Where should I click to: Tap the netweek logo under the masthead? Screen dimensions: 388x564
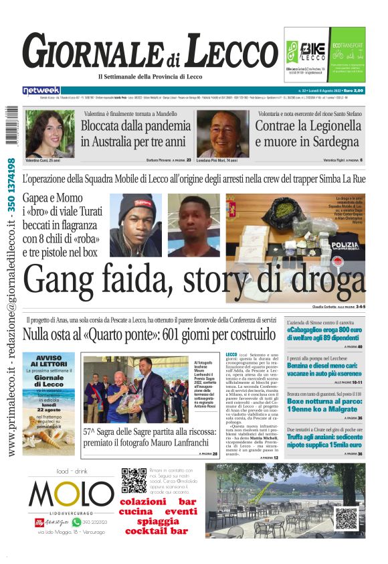point(41,90)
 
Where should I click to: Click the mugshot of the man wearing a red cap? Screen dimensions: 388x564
point(135,224)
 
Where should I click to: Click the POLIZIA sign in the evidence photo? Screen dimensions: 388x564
point(346,245)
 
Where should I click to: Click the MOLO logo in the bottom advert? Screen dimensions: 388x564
point(71,496)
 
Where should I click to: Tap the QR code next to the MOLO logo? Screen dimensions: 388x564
point(134,481)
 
